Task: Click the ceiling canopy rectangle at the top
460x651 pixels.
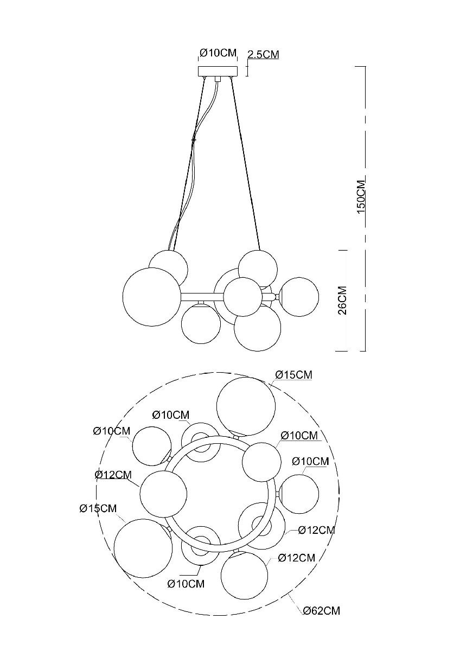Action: tap(218, 71)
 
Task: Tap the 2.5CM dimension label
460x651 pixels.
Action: tap(263, 54)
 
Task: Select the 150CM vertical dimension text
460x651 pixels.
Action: tap(361, 196)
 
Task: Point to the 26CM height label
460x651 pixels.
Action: tap(343, 300)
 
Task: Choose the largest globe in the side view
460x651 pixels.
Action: tap(152, 297)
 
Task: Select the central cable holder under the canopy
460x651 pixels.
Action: tap(218, 79)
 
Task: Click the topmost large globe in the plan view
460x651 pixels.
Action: tap(246, 407)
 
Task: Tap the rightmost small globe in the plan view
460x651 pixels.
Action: tap(299, 494)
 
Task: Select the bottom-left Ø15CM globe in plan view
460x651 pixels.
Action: tap(143, 548)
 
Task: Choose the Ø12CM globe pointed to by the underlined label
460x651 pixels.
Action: tap(163, 494)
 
